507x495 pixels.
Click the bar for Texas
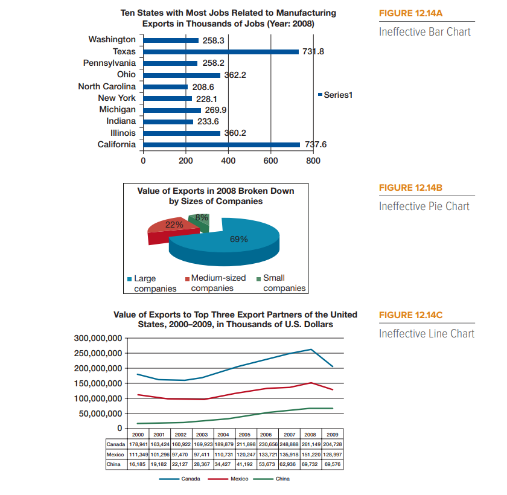tap(220, 52)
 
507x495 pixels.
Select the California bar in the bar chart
tap(221, 144)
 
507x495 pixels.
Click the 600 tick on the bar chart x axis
tap(270, 161)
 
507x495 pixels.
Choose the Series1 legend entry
tap(336, 94)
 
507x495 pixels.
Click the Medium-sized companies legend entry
tap(217, 283)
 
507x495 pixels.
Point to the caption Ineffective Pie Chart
tap(424, 206)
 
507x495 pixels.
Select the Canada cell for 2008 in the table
tap(310, 444)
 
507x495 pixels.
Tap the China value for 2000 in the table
tap(138, 464)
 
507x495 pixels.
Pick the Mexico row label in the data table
tap(115, 454)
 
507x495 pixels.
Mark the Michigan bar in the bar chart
tap(173, 110)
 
